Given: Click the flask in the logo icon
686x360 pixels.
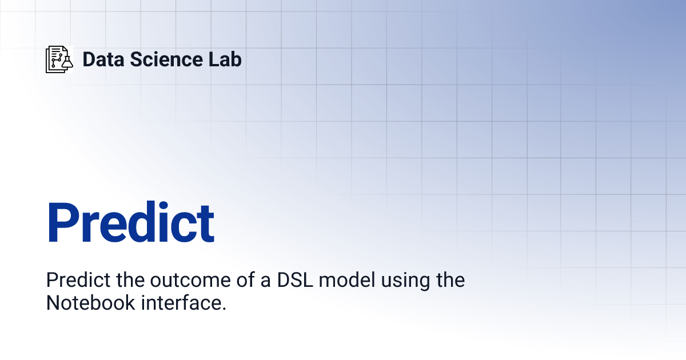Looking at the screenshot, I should (67, 62).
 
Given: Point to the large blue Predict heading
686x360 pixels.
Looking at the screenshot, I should (130, 223).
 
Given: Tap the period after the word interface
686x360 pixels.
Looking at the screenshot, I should (224, 309).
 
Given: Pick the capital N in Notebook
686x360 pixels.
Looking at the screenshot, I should (53, 303).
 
